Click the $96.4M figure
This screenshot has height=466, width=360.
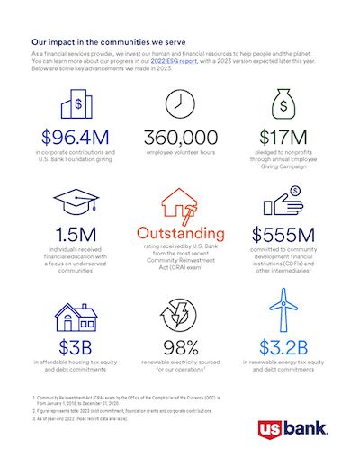pyautogui.click(x=75, y=138)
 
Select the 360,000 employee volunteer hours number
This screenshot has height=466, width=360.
pyautogui.click(x=180, y=138)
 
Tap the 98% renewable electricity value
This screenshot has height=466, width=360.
pyautogui.click(x=180, y=346)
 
